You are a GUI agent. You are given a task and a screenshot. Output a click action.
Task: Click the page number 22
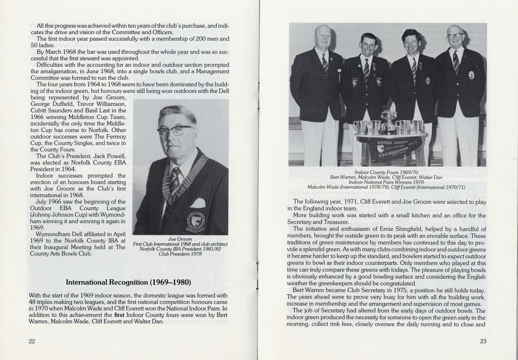coord(32,341)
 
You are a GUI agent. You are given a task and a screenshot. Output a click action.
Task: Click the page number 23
coord(483,341)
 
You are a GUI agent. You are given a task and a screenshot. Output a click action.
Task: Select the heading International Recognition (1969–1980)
coord(128,282)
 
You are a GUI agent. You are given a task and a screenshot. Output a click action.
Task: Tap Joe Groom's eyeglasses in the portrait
coord(175,131)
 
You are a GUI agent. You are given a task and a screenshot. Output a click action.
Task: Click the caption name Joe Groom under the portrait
coord(180,239)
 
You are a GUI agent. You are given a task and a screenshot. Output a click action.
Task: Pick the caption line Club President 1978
coord(180,254)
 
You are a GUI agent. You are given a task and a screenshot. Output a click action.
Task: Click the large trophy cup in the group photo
coord(389,120)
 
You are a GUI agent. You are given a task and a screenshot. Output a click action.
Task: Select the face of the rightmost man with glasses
coord(456,37)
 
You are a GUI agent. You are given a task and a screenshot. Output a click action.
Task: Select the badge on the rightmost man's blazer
coord(471,75)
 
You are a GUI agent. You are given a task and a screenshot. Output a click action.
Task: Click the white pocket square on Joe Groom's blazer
coord(198,203)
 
